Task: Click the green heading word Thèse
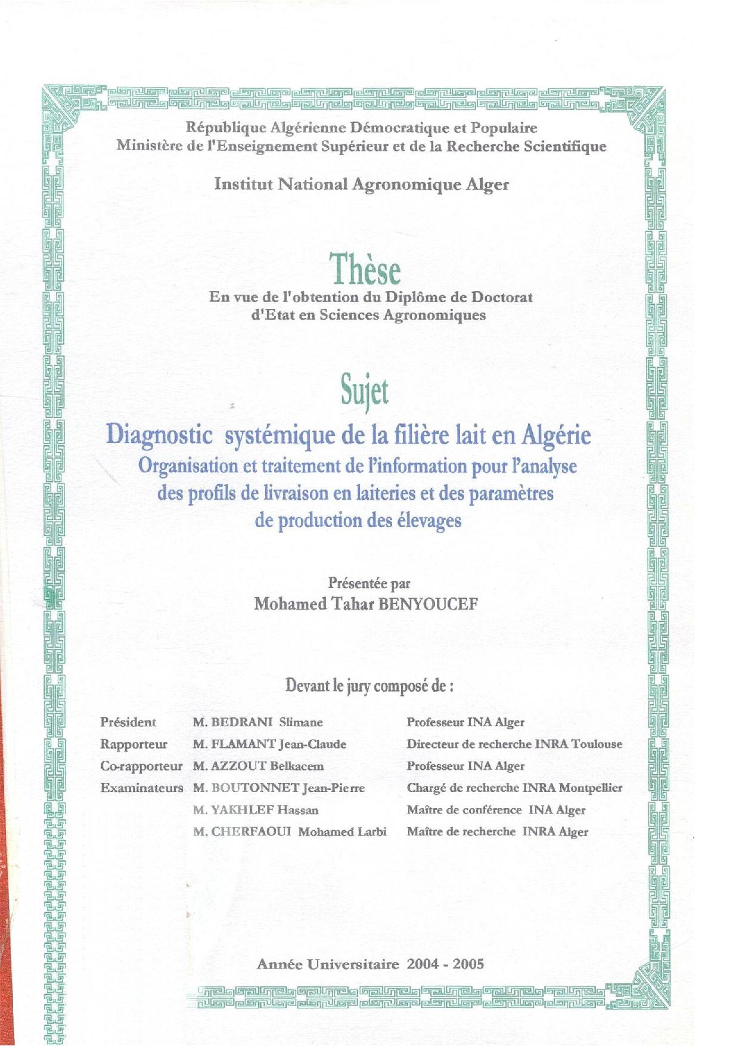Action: [x=366, y=270]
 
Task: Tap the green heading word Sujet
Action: [x=365, y=392]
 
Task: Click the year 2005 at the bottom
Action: [x=468, y=964]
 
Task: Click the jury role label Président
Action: [x=128, y=722]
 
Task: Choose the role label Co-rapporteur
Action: [x=141, y=766]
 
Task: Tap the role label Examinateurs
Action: [x=142, y=788]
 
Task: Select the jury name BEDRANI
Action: [x=242, y=722]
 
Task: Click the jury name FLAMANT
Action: [x=244, y=744]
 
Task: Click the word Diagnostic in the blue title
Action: [x=159, y=435]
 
